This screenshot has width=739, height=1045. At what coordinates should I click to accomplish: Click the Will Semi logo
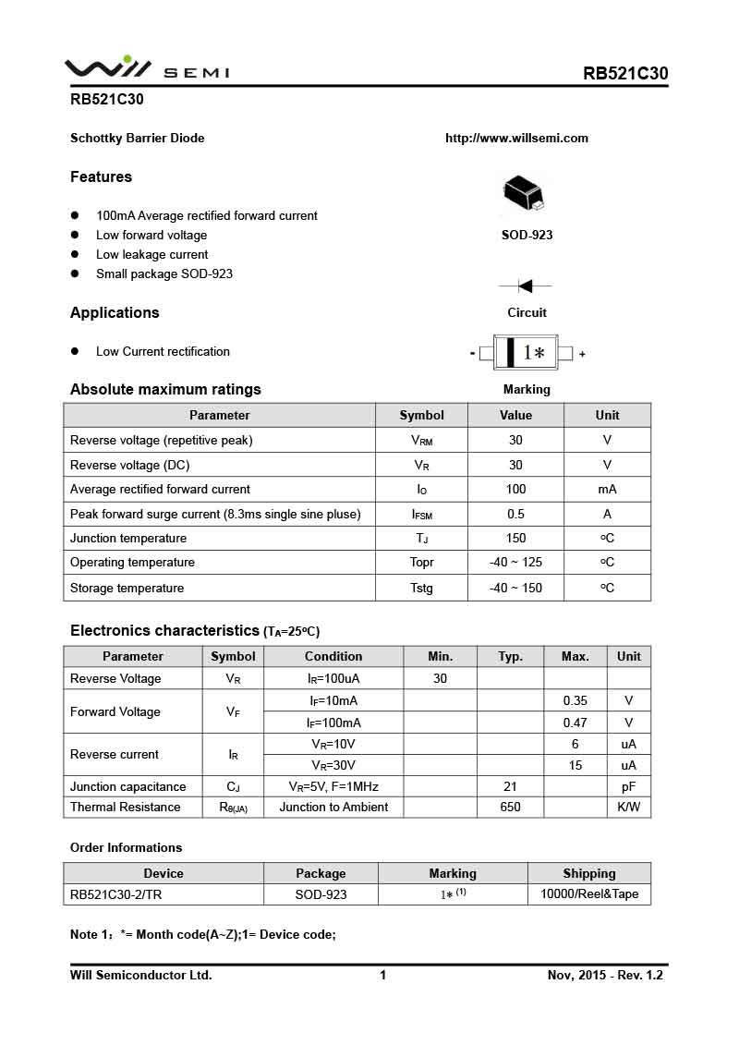(x=146, y=69)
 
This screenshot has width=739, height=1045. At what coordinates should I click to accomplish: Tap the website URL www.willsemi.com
(x=516, y=139)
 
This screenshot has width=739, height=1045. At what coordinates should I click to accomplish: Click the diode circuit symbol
(x=526, y=286)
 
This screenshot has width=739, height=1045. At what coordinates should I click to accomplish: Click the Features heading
(x=101, y=177)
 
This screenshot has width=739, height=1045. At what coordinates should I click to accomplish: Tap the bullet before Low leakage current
(x=76, y=255)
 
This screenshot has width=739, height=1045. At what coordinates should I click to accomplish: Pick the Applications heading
(x=115, y=313)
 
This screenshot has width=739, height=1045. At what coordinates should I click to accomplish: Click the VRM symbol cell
(x=421, y=441)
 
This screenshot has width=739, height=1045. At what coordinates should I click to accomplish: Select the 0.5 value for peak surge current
(x=515, y=515)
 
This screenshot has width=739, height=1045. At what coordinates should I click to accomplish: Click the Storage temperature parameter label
(x=127, y=589)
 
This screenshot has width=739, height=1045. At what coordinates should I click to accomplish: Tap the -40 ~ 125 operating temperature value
(x=515, y=563)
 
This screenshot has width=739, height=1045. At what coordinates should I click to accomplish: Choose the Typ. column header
(x=510, y=657)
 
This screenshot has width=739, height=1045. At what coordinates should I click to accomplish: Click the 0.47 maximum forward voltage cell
(x=575, y=723)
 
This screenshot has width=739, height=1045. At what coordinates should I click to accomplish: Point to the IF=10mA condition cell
(x=333, y=701)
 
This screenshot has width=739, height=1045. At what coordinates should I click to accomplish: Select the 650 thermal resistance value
(x=510, y=808)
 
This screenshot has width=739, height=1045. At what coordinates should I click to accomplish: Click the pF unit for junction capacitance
(x=628, y=787)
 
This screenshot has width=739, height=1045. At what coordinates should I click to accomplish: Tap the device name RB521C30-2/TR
(x=116, y=894)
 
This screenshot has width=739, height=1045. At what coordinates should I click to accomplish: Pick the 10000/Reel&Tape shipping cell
(x=588, y=894)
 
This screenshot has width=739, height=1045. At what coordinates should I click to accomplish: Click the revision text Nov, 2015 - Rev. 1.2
(x=605, y=976)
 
